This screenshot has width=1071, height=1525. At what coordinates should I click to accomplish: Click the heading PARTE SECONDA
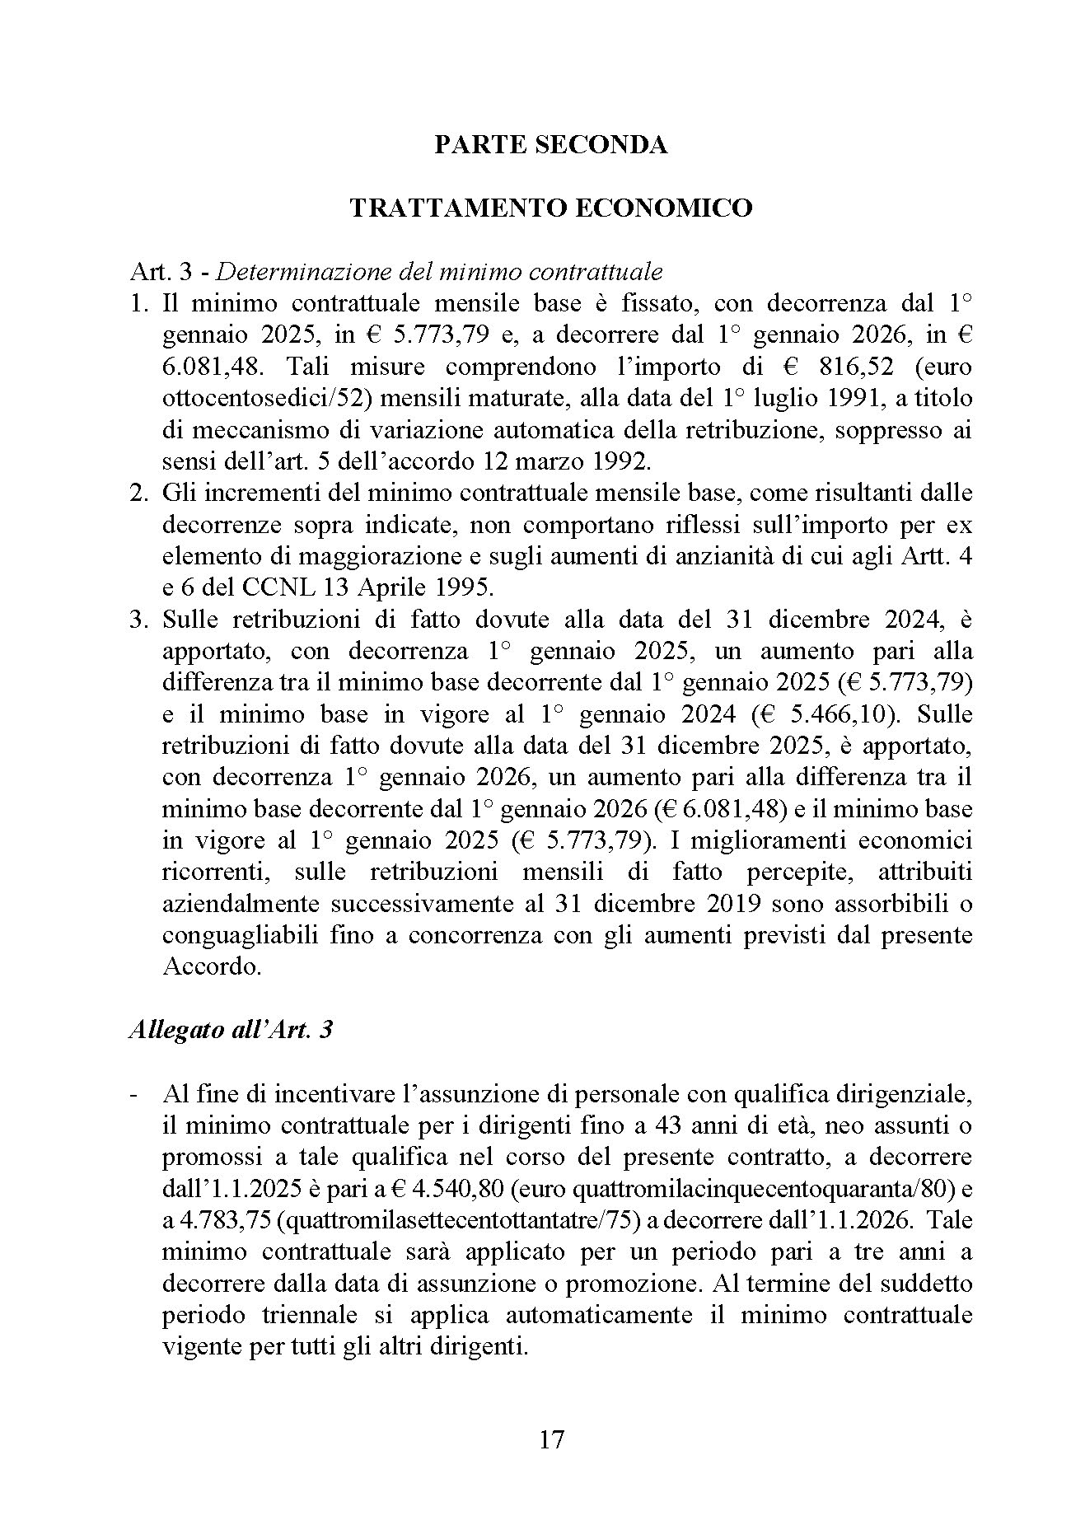pos(550,145)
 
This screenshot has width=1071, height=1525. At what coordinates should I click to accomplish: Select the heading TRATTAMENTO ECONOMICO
pos(550,208)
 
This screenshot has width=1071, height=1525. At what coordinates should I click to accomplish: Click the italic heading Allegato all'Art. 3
pos(231,1030)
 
